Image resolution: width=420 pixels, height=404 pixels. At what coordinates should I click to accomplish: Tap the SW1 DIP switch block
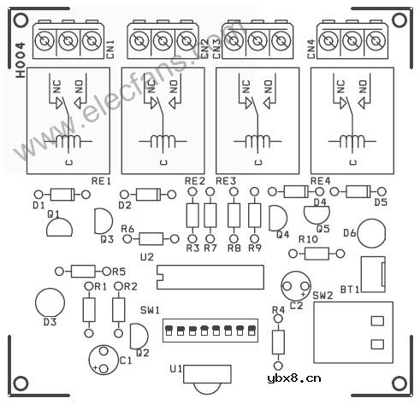pyautogui.click(x=210, y=331)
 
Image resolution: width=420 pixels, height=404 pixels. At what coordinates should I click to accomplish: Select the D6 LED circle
pyautogui.click(x=371, y=233)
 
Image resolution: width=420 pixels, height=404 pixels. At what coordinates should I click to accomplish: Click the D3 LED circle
pyautogui.click(x=50, y=303)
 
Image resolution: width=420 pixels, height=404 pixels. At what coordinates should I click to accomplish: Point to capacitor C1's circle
pyautogui.click(x=89, y=360)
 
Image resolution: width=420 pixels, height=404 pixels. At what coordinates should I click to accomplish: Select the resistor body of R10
pyautogui.click(x=316, y=254)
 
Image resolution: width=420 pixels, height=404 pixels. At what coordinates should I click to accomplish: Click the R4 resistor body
pyautogui.click(x=278, y=342)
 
